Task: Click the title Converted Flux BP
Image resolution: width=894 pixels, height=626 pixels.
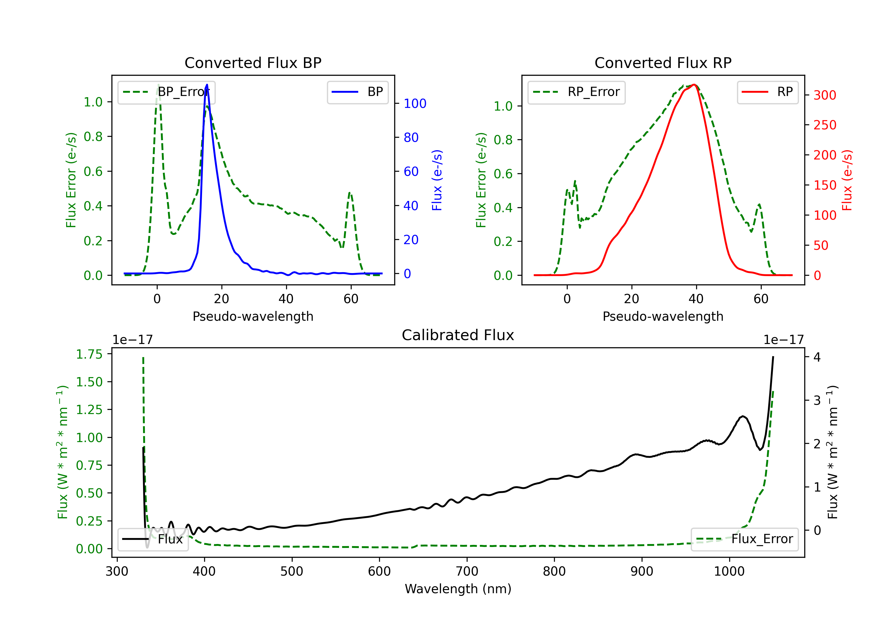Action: point(253,63)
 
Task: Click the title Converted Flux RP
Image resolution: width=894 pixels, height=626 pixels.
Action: point(663,63)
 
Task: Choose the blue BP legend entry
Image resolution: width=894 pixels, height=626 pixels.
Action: point(357,92)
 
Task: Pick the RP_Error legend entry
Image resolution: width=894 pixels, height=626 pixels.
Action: point(576,92)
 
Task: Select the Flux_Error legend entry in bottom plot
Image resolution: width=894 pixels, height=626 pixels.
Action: point(744,539)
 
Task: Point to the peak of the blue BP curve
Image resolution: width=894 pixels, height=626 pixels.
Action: point(207,85)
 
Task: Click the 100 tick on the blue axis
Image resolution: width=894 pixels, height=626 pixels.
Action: point(415,104)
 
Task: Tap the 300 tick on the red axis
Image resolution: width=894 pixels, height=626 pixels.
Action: point(825,95)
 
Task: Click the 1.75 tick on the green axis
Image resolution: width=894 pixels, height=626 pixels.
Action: point(89,354)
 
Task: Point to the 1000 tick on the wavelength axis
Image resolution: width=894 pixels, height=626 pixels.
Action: point(729,571)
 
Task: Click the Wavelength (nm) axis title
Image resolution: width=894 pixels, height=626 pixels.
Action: point(458,589)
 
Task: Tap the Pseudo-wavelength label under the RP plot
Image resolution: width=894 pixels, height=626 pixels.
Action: point(663,316)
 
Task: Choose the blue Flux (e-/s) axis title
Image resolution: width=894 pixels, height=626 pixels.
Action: point(437,180)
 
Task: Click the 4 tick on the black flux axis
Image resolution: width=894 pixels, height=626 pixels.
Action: point(817,357)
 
